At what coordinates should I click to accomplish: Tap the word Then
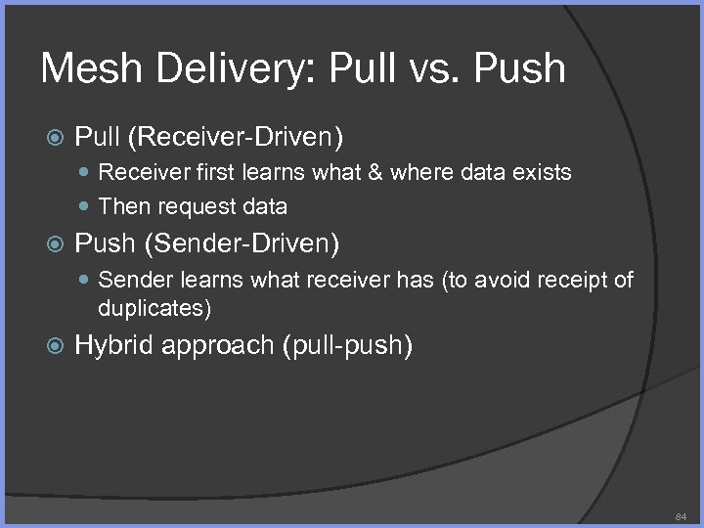[120, 205]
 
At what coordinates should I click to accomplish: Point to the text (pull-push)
[347, 344]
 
